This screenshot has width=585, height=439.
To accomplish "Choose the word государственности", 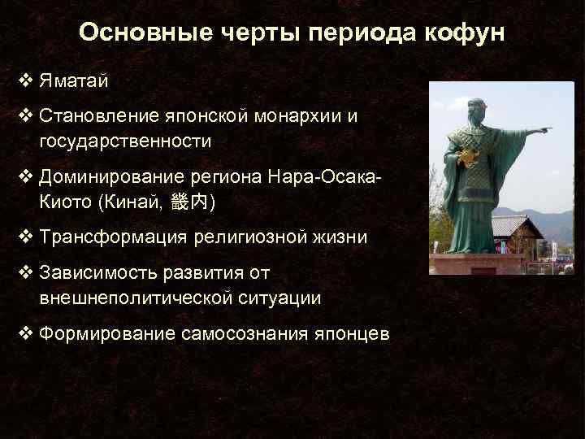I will (x=125, y=141).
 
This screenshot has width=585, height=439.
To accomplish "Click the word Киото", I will (x=64, y=201).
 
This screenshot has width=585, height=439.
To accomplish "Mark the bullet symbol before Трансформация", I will (x=25, y=237).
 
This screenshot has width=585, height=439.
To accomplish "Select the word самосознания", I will (x=240, y=334).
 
